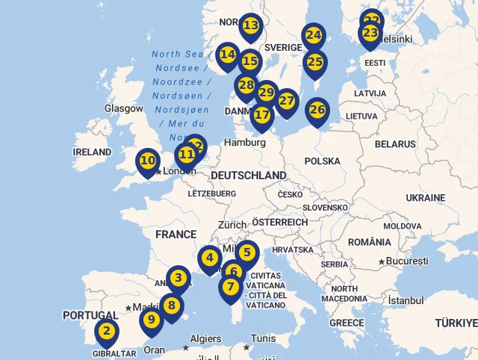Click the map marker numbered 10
tap(148, 161)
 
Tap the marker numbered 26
tap(317, 110)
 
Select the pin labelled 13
tap(251, 26)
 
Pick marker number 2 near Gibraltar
tap(107, 331)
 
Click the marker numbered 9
tap(152, 320)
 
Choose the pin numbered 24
tap(314, 35)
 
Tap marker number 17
tap(261, 115)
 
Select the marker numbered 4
tap(210, 259)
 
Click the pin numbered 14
tap(228, 55)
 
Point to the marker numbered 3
tap(178, 279)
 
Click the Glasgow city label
tap(124, 108)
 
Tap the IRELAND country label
tap(92, 152)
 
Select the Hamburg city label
tap(244, 142)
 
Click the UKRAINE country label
tap(425, 198)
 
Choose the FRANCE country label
tap(176, 235)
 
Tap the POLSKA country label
tap(322, 161)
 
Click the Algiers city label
tap(206, 338)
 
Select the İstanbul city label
tap(406, 300)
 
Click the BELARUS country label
tap(395, 143)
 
